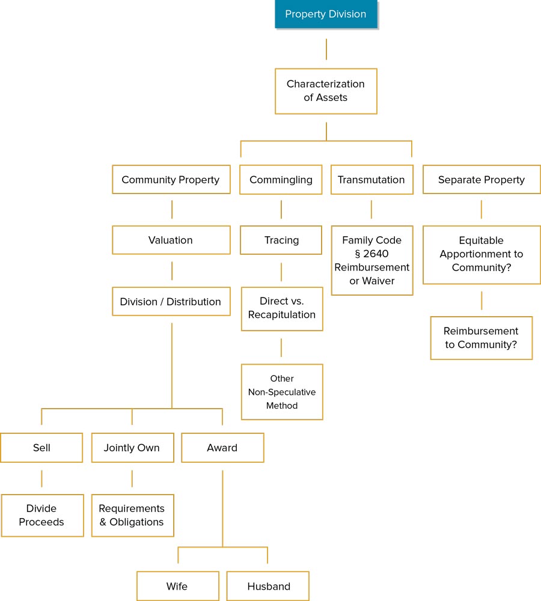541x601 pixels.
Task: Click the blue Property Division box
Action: [326, 14]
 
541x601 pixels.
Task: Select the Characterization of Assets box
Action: [326, 91]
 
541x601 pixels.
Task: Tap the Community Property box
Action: [171, 180]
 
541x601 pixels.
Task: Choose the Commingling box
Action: [281, 180]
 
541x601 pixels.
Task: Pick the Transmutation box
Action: [371, 180]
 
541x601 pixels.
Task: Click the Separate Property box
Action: [481, 180]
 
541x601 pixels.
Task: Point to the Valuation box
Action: [171, 240]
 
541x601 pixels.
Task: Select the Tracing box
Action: [281, 240]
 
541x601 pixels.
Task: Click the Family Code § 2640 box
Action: [371, 260]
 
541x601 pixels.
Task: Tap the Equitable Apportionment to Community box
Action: [481, 254]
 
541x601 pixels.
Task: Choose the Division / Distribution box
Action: [171, 302]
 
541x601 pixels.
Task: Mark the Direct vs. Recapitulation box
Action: [282, 308]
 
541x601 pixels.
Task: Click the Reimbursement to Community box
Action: [481, 338]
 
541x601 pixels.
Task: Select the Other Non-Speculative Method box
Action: [282, 392]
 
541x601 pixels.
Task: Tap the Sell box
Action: [41, 448]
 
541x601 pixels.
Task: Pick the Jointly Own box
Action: [132, 448]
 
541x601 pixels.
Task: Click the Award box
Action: [222, 448]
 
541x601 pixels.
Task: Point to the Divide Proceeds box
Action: [42, 515]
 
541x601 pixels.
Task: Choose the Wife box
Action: [177, 586]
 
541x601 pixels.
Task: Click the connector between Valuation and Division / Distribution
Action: [172, 270]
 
